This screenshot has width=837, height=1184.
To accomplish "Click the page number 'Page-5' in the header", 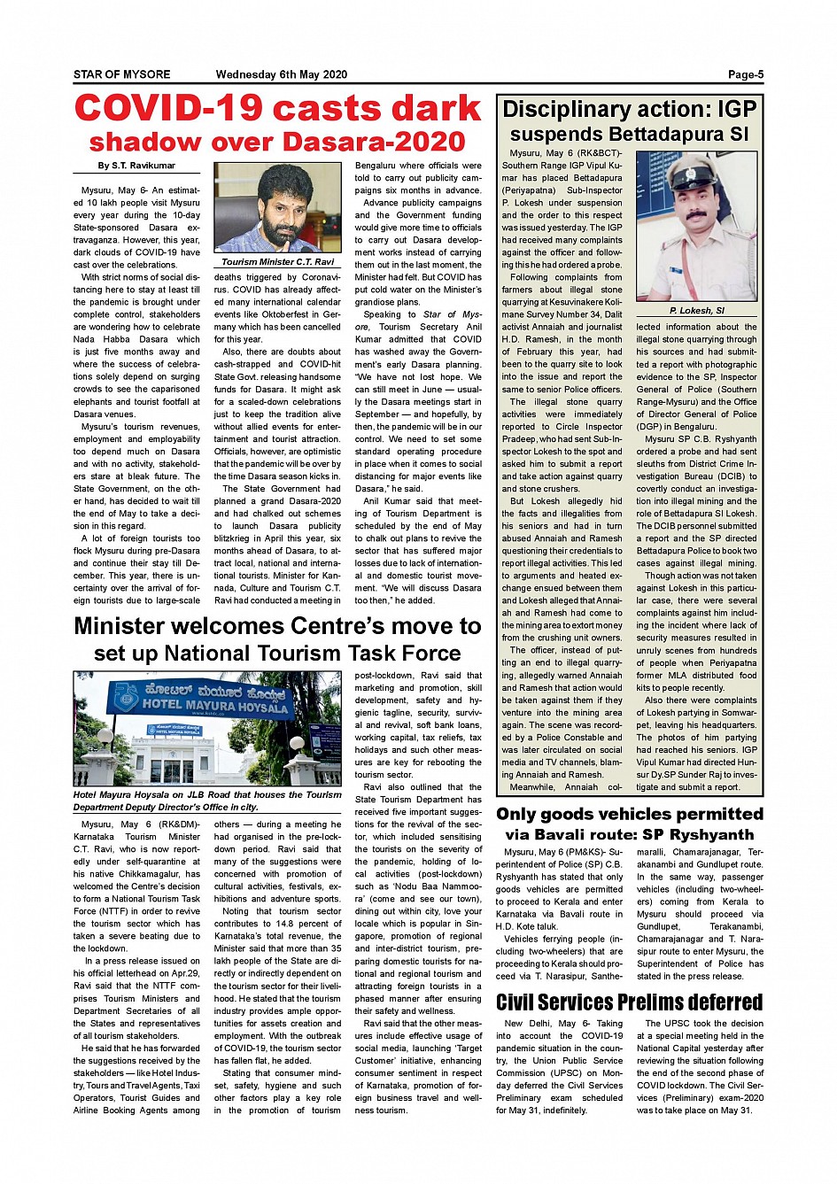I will pos(745,75).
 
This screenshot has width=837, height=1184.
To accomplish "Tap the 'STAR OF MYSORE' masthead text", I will pos(121,75).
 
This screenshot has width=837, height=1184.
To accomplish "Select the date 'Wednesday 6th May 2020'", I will pos(282,75).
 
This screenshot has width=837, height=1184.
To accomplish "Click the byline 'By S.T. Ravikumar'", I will pos(136,166).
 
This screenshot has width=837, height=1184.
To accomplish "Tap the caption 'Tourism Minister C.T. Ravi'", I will pos(278,262).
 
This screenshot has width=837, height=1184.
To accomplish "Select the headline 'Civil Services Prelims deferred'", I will pos(629,1002).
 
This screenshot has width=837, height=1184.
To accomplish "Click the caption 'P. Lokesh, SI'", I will pos(697,311).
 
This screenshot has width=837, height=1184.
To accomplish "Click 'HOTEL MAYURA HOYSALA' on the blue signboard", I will pos(216,706).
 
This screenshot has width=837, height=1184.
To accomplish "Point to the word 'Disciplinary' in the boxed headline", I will pos(566,110).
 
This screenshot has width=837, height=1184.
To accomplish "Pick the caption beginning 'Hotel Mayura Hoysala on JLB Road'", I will pos(207,801).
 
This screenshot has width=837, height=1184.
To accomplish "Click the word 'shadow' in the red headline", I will pos(145,142).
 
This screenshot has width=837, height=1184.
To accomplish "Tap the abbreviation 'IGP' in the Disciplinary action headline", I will pos(737,110).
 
